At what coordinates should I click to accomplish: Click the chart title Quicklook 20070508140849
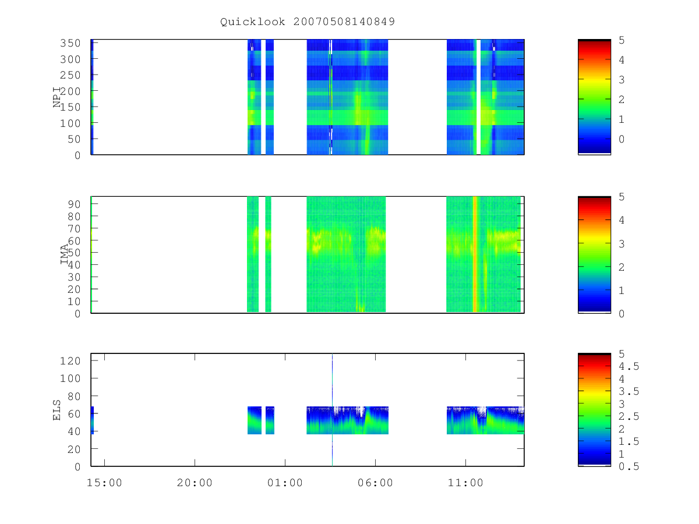[308, 22]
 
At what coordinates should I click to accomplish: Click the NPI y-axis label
[57, 97]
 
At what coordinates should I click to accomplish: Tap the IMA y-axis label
[64, 254]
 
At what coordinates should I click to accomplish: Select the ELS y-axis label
[57, 410]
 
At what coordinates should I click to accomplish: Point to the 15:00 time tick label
[104, 483]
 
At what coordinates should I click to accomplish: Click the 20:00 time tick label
[195, 483]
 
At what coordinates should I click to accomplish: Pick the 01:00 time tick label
[285, 483]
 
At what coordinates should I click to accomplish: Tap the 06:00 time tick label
[375, 483]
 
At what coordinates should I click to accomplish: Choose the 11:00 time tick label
[465, 483]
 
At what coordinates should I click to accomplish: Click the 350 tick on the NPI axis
[70, 43]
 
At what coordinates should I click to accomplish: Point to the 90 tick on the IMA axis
[74, 204]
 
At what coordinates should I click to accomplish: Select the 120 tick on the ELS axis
[70, 361]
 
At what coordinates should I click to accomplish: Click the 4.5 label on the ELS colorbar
[629, 367]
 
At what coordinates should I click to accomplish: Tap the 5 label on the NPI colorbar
[622, 40]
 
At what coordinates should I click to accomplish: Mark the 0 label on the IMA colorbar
[622, 314]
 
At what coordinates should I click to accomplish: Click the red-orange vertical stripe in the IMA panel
[475, 254]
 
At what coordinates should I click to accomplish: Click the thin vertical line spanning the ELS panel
[332, 410]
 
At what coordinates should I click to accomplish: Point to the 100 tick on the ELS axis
[70, 378]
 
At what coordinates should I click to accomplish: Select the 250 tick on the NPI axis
[70, 75]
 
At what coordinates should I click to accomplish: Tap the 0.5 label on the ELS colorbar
[629, 467]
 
